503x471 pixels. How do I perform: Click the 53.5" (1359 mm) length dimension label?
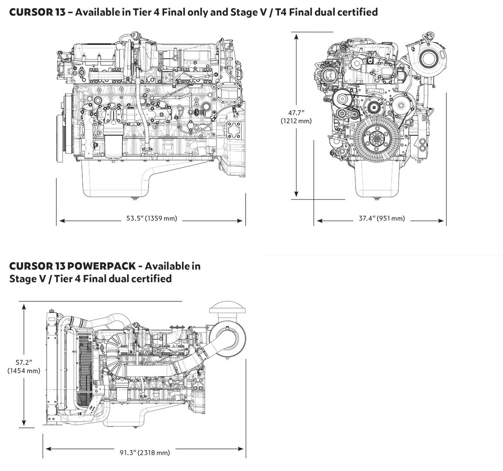pos(152,218)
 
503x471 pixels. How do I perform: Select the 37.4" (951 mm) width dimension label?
pos(381,218)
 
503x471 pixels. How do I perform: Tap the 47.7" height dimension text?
pos(296,113)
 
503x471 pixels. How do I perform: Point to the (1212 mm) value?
pos(296,120)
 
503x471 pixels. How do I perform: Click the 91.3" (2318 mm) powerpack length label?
pos(145,453)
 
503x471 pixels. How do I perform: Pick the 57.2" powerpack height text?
pos(24,363)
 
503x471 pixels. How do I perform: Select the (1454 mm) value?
pos(24,371)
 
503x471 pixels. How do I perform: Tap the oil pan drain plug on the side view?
pos(133,199)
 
